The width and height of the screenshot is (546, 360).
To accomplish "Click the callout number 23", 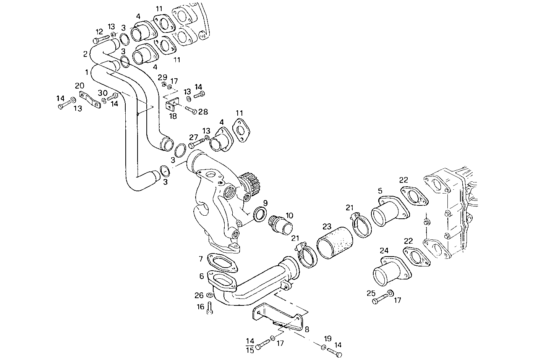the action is [327, 226].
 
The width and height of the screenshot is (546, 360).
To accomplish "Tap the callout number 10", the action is [289, 215].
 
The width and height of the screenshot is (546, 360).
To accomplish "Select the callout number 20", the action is [79, 86].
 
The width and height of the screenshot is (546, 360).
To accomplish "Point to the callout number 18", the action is [173, 116].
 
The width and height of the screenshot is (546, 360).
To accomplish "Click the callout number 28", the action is [203, 112].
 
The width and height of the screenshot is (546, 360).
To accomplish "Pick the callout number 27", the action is [194, 137].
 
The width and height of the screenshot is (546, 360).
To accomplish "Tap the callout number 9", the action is [266, 203].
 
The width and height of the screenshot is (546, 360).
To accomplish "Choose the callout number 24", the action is [384, 251].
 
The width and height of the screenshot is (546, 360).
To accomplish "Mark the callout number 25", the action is [371, 293].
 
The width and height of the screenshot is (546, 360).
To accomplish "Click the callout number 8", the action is [307, 329].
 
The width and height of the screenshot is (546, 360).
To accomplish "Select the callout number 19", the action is [328, 339].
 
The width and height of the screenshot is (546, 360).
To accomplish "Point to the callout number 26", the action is [199, 295].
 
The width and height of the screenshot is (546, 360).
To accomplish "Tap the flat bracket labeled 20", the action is [90, 100].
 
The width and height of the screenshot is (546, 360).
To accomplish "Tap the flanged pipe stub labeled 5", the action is [390, 211].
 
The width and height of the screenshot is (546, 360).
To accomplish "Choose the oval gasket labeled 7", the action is [222, 263].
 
